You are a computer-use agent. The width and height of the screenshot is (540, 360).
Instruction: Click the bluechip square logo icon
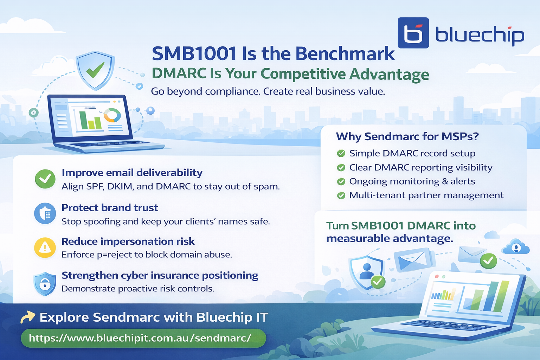coord(413,33)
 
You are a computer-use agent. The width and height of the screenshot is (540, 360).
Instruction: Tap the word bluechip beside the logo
coord(480,35)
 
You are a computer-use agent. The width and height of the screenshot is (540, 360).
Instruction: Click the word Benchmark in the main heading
coord(345,54)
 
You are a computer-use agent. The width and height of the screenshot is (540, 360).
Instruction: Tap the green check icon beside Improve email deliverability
coord(45,179)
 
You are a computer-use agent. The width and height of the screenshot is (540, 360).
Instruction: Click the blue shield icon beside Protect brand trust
coord(45,213)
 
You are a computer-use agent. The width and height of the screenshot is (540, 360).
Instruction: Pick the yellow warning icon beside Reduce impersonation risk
coord(45,247)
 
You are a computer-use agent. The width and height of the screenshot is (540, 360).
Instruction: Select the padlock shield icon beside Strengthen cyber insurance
coord(45,283)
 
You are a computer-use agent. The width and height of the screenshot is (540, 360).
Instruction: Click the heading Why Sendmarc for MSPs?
coord(407,136)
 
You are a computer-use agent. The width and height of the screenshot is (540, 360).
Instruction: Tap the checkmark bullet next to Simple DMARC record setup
coord(341,154)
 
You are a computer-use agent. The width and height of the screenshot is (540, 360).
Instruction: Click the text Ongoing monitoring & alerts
coord(412,181)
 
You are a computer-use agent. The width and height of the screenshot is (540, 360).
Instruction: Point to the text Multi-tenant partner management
coord(426,195)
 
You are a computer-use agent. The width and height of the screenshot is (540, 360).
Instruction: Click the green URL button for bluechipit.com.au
coord(143,338)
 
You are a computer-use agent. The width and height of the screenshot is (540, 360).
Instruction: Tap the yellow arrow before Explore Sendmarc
coord(28,317)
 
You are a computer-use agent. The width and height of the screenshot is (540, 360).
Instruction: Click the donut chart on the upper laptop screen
coord(112,115)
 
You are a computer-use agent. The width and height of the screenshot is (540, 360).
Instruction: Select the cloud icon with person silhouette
coord(516,247)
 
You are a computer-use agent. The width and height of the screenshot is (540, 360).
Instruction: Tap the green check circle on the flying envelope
coord(488,261)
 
